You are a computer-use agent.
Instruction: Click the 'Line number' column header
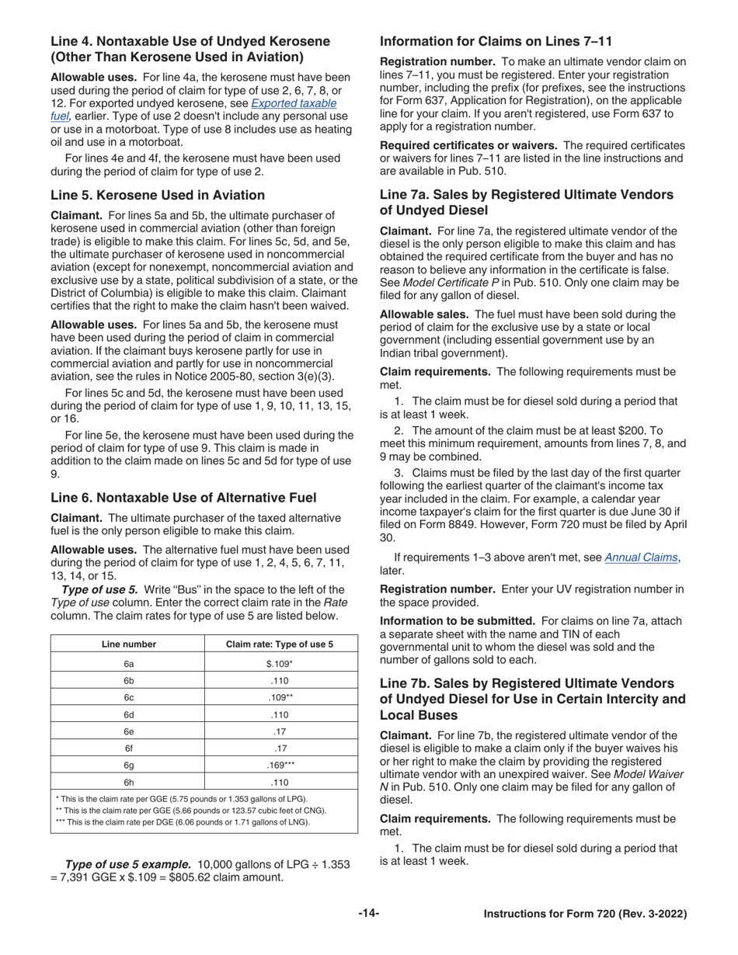(129, 644)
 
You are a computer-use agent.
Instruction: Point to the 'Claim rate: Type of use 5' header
(280, 644)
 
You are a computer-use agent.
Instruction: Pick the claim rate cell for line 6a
(280, 664)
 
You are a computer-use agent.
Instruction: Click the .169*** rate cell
(280, 765)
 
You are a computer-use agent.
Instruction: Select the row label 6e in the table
(129, 731)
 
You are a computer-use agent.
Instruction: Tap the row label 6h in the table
(129, 782)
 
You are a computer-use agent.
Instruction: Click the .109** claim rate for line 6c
(280, 697)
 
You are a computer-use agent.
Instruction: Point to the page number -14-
(369, 914)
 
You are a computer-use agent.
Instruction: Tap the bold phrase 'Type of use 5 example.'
(127, 864)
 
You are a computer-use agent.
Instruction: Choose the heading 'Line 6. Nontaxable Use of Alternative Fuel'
(183, 498)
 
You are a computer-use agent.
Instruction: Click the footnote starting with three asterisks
(183, 821)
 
